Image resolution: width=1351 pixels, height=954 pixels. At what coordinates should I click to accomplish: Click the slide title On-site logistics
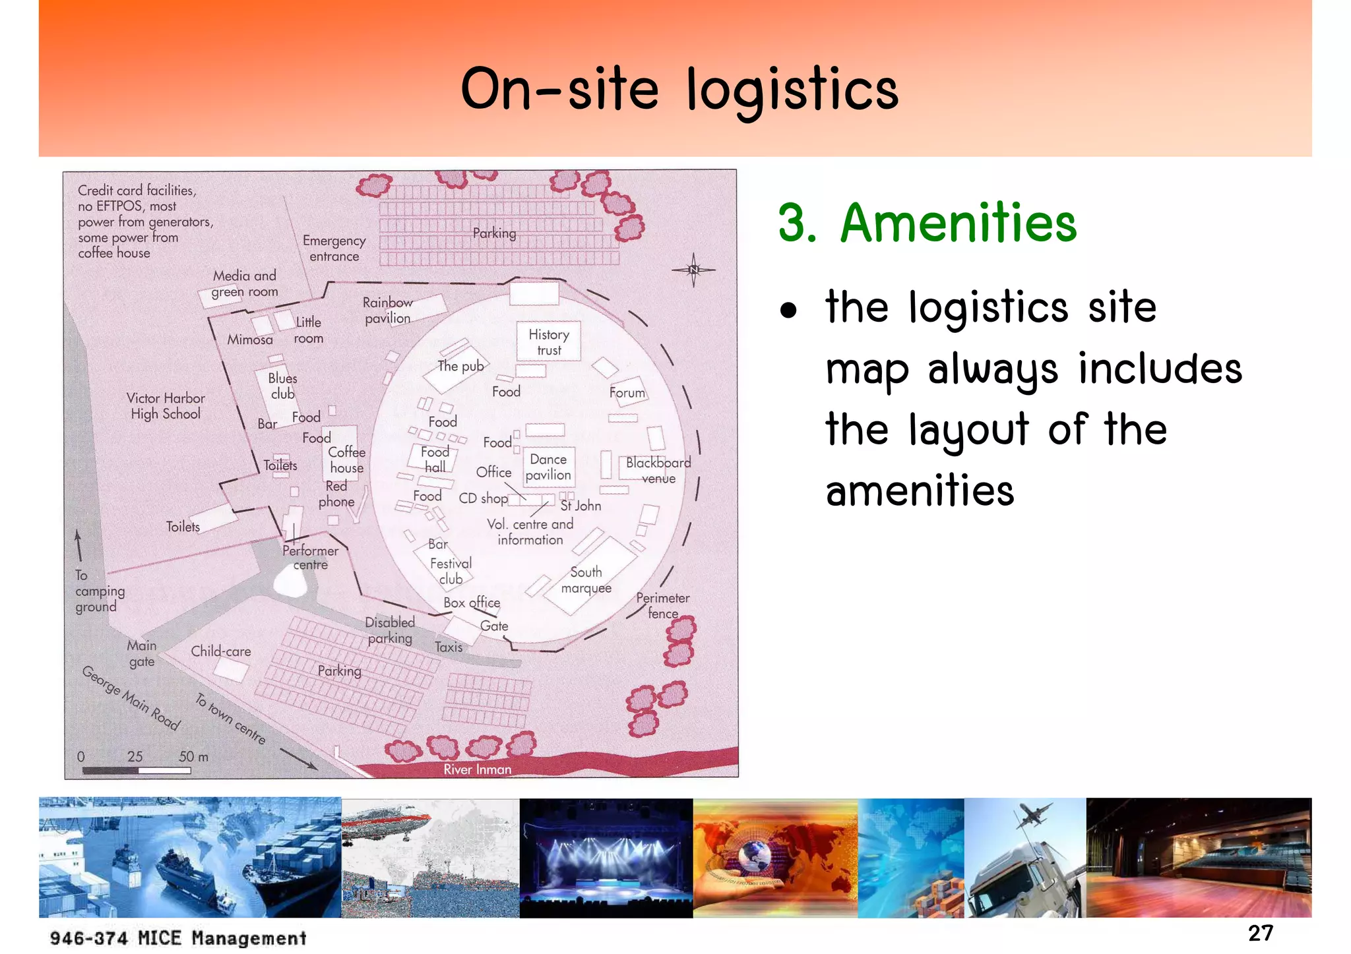[x=679, y=90]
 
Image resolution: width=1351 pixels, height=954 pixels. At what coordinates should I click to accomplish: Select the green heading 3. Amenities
[x=927, y=224]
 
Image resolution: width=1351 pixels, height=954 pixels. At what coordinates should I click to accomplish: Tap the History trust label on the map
[x=548, y=342]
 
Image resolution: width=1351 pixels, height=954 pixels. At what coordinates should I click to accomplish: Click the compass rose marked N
[x=693, y=270]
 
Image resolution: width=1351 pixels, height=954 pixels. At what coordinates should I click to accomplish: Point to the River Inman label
[x=477, y=769]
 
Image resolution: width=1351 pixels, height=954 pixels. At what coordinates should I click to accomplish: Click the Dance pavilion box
[x=548, y=467]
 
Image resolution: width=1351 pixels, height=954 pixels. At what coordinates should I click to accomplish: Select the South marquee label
[x=586, y=580]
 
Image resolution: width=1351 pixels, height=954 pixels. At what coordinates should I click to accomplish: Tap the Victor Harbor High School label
[x=166, y=406]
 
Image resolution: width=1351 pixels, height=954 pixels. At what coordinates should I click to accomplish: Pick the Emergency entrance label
[x=334, y=249]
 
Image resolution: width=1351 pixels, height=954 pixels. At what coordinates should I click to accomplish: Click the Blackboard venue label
[x=658, y=470]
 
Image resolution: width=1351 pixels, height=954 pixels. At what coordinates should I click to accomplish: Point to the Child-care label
[x=221, y=651]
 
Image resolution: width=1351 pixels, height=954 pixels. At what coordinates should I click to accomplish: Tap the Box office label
[x=472, y=603]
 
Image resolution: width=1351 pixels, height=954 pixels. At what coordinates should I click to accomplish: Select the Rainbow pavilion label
[x=388, y=311]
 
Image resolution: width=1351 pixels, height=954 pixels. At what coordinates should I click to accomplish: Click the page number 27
[x=1260, y=933]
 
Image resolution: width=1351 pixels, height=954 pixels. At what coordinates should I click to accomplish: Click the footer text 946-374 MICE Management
[x=178, y=938]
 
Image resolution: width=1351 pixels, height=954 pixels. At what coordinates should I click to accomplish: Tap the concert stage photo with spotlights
[x=606, y=857]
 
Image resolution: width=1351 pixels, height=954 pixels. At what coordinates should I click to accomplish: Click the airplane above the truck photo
[x=1033, y=815]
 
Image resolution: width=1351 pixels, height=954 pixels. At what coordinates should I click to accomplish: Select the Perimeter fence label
[x=662, y=606]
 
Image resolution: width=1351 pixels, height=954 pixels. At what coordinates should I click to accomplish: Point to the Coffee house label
[x=346, y=460]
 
